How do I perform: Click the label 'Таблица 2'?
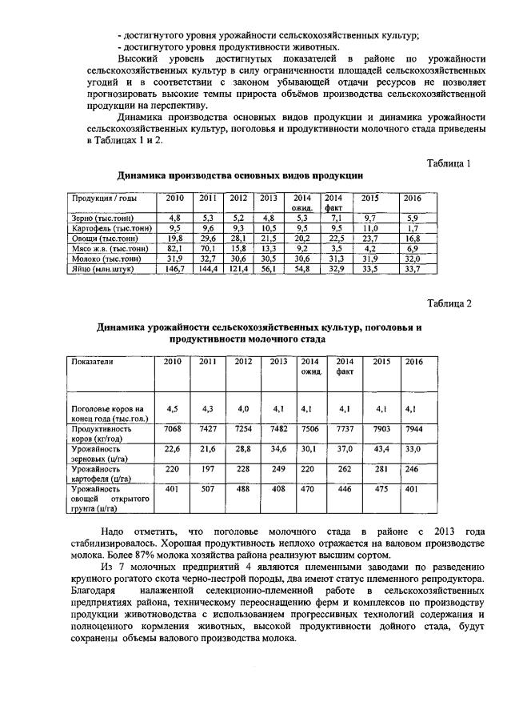pos(449,303)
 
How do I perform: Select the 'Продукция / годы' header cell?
pos(104,199)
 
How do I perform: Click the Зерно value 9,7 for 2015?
pos(369,218)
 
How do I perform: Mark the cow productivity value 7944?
pos(413,429)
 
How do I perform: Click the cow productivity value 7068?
pos(173,429)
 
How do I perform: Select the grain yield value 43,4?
pos(381,450)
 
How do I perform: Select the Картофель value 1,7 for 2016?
pos(412,227)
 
